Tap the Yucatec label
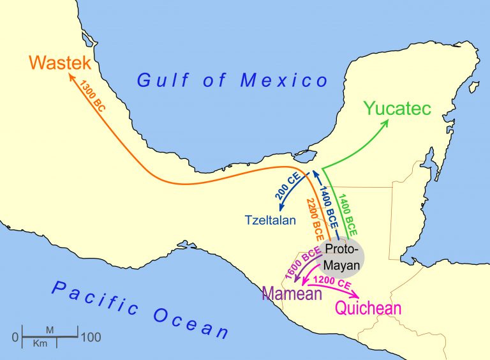[398, 107]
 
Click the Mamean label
[291, 294]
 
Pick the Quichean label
[368, 308]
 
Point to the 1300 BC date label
[93, 96]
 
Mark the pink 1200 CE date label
[333, 281]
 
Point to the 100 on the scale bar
[91, 337]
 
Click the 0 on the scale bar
[15, 337]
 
